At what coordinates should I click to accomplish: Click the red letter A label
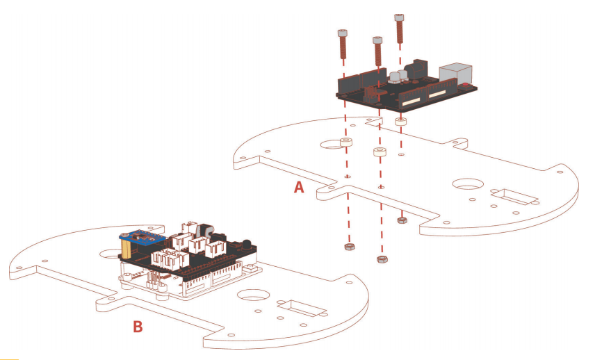coord(299,187)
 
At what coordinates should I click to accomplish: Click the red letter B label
coord(138,326)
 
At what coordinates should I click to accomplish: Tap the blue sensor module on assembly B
coord(142,238)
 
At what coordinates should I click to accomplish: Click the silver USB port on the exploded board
coord(455,73)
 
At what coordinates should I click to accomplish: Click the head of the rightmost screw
coord(399,17)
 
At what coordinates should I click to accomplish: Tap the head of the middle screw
coord(377,40)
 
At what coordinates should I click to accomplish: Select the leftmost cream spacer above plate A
coord(346,142)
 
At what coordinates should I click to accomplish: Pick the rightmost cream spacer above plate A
coord(400,122)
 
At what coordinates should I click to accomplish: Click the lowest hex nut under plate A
coord(382,259)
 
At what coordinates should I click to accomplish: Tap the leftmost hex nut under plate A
coord(350,247)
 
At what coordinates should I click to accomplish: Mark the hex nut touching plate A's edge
coord(402,220)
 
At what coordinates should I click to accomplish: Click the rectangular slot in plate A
coord(514,197)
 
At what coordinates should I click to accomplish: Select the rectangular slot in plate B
coord(302,308)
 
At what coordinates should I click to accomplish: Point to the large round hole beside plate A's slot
coord(468,184)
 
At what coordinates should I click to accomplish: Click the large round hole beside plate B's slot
coord(253,295)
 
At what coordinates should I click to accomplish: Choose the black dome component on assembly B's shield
coord(247,243)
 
